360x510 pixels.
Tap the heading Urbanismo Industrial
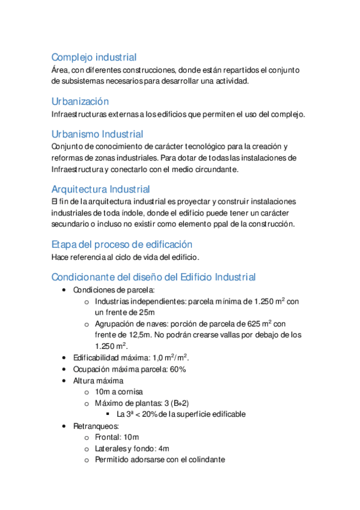pos(97,134)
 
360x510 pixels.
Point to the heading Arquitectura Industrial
pos(100,189)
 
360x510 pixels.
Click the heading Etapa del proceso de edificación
pos(121,244)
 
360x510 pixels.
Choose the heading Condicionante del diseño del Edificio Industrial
pos(153,277)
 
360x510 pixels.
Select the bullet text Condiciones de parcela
pos(113,289)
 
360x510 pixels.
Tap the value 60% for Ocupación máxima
pos(178,369)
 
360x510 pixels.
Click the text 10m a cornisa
pos(119,392)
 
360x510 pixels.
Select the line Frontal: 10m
pos(117,437)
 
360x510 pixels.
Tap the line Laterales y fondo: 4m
pos(132,448)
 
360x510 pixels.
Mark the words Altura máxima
pos(98,381)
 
